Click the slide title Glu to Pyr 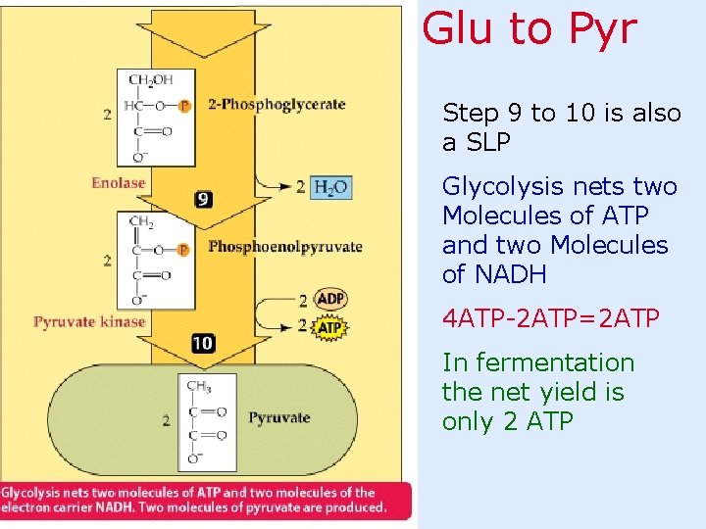pos(529,29)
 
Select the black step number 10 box pos(203,343)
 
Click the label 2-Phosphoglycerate pos(277,105)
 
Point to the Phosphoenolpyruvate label pos(285,246)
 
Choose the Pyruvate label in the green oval pos(278,418)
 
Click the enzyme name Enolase pos(118,183)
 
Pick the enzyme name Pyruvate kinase pos(89,321)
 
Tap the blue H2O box pos(330,187)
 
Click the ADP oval pos(331,300)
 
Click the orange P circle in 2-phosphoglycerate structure pos(184,105)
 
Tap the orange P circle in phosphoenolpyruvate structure pos(183,249)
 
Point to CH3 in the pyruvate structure pos(198,387)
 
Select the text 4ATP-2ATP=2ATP pos(551,318)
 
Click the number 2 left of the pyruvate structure pos(167,421)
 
